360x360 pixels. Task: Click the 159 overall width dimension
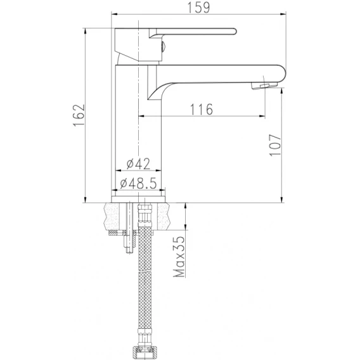point(199,8)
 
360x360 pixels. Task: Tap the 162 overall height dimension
point(79,115)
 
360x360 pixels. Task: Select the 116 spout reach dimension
point(202,109)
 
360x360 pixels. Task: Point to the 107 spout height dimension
point(275,145)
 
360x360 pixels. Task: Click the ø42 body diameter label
point(138,164)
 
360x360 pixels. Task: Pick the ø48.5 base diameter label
point(138,183)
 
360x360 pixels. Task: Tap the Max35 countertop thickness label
point(179,257)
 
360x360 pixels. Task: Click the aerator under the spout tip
point(264,86)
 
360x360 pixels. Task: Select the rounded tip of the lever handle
point(234,32)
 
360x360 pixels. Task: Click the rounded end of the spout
point(283,74)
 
